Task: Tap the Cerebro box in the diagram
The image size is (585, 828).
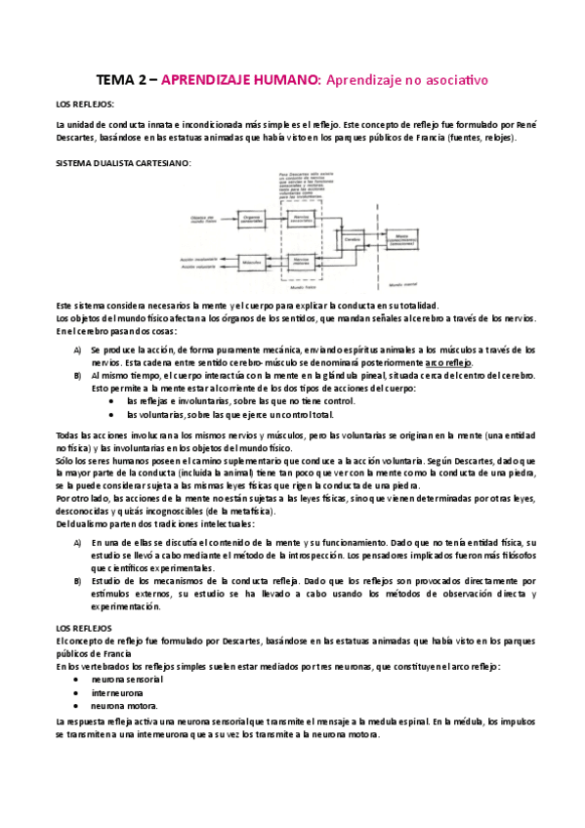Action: click(x=349, y=239)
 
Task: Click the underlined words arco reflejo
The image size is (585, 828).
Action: click(x=449, y=361)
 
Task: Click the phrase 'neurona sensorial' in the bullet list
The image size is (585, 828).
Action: click(x=127, y=678)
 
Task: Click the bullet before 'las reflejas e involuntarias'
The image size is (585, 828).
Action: click(x=116, y=400)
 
